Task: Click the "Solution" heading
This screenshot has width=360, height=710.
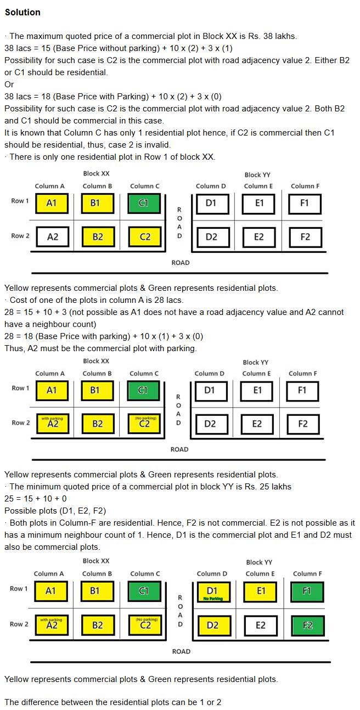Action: click(x=22, y=12)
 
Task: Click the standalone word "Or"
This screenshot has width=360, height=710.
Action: click(x=9, y=84)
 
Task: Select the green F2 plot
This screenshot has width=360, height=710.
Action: click(x=306, y=626)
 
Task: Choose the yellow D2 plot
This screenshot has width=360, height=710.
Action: click(x=212, y=626)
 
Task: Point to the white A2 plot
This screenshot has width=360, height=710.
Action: click(x=53, y=237)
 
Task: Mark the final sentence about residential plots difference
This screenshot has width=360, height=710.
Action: click(x=113, y=702)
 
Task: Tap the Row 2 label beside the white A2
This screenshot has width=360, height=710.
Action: click(x=19, y=236)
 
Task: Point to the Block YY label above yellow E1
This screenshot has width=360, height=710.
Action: click(x=259, y=562)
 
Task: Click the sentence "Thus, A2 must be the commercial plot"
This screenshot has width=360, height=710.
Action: click(x=100, y=348)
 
